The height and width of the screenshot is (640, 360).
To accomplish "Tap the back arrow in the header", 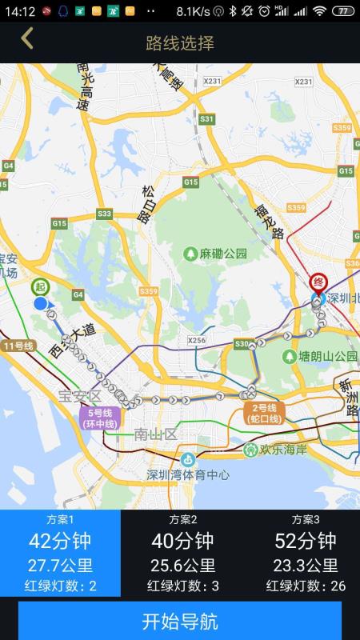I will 27,39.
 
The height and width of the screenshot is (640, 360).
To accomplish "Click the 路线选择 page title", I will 180,42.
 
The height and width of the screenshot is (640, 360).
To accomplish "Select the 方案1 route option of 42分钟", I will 60,553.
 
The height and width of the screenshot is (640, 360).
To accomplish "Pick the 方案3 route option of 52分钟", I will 305,553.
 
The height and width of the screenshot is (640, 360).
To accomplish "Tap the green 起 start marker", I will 40,287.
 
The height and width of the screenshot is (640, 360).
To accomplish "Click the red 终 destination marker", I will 318,282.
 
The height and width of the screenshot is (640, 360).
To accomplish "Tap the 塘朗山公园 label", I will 318,355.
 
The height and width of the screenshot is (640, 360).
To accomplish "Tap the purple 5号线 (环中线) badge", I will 99,418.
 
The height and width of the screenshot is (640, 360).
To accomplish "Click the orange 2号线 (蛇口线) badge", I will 264,413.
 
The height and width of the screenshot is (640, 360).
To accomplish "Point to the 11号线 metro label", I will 19,346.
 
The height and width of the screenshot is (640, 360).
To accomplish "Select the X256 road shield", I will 197,341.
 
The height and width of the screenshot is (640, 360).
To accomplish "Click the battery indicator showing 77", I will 342,11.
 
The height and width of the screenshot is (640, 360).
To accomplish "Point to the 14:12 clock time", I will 19,11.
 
